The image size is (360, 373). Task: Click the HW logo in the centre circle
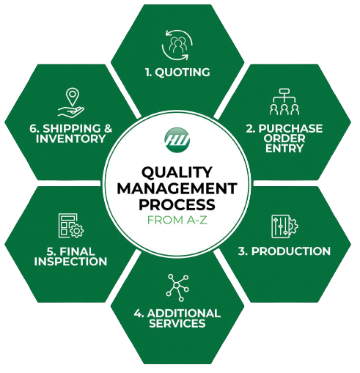[x=177, y=140]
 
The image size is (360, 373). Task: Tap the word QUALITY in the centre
[x=177, y=172]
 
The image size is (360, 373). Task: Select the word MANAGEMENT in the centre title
[x=177, y=188]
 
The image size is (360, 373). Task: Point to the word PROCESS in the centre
[x=177, y=204]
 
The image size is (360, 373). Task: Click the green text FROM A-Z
[x=177, y=220]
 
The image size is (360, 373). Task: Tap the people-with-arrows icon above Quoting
[x=177, y=45]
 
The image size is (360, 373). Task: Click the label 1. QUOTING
[x=177, y=73]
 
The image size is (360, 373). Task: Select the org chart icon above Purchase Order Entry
[x=284, y=102]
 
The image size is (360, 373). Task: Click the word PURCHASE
[x=290, y=129]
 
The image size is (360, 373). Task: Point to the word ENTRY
[x=284, y=148]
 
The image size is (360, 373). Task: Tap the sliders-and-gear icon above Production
[x=284, y=226]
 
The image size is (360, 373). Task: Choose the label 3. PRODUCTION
[x=284, y=251]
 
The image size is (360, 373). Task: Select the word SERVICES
[x=177, y=323]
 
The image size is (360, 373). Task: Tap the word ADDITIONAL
[x=184, y=314]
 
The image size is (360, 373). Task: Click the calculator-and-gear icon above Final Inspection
[x=71, y=226]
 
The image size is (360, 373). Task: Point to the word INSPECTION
[x=70, y=262]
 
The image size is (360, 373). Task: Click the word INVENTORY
[x=70, y=139]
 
